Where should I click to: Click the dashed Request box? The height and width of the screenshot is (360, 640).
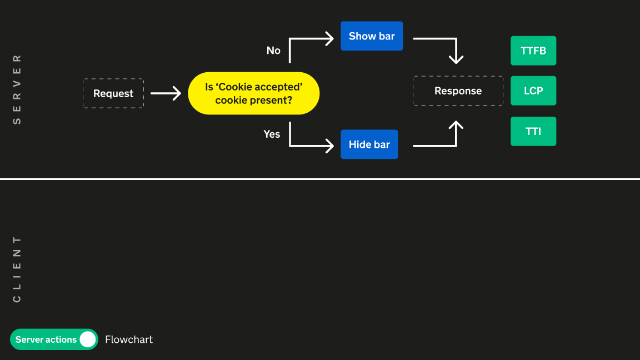(x=113, y=93)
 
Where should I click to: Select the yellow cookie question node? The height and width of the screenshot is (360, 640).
(x=253, y=93)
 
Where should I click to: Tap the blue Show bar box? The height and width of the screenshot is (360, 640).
(x=372, y=36)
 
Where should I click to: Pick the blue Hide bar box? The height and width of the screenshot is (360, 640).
(x=369, y=144)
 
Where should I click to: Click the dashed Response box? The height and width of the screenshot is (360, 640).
(x=458, y=91)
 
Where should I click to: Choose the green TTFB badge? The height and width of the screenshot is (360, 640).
(x=533, y=51)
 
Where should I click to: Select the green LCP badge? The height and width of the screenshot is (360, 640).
(x=533, y=91)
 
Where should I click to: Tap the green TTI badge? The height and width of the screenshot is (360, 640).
(x=533, y=132)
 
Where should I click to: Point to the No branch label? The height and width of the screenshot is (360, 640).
(x=273, y=51)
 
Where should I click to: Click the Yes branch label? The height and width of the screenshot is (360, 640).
(x=272, y=134)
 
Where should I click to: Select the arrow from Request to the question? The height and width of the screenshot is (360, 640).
(x=166, y=93)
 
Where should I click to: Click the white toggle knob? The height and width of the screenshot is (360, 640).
(x=87, y=339)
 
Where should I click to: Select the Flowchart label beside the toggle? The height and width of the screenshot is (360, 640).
(x=129, y=339)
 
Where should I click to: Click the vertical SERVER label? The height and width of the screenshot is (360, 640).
(x=17, y=89)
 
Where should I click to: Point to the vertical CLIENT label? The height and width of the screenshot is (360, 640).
(x=17, y=269)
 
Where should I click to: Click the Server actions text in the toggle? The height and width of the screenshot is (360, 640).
(x=46, y=339)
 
